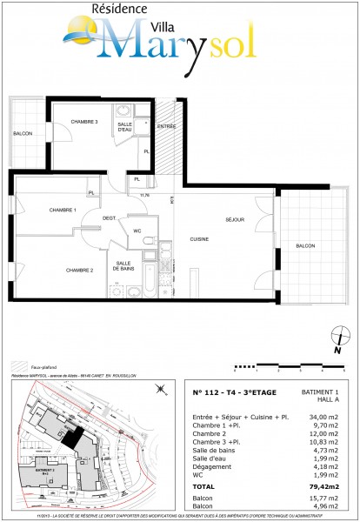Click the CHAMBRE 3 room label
click(x=84, y=121)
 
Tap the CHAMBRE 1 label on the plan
click(x=63, y=211)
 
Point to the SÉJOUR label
click(x=236, y=220)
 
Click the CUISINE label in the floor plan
click(x=200, y=238)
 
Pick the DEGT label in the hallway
click(x=109, y=217)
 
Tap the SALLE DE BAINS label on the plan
click(x=123, y=266)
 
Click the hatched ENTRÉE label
click(x=167, y=127)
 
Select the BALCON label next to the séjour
click(x=304, y=246)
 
